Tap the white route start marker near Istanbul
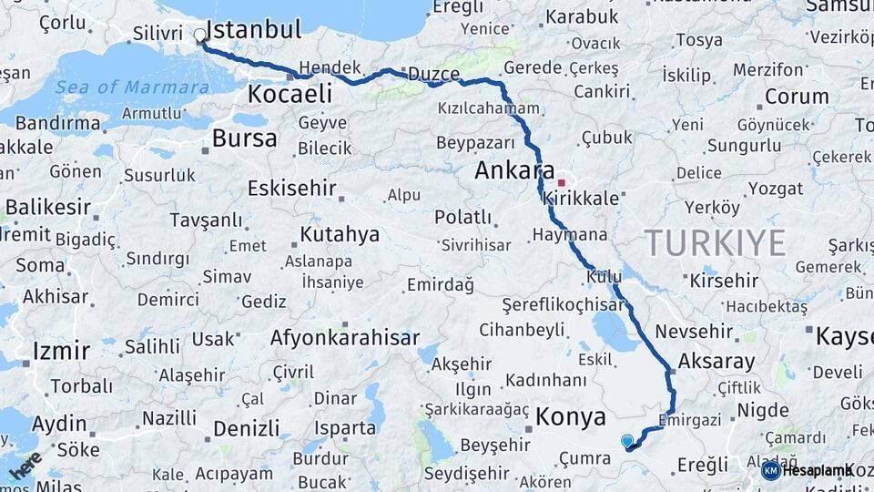click(x=200, y=36)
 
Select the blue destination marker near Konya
click(x=627, y=442)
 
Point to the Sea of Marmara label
click(x=132, y=87)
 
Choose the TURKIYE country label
click(x=715, y=242)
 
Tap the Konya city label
click(x=571, y=417)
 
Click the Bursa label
click(x=244, y=138)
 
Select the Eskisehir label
click(x=291, y=189)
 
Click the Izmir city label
click(x=61, y=352)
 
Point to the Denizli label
click(x=246, y=428)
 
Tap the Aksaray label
click(x=716, y=361)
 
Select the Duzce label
click(x=434, y=74)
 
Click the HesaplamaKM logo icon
click(x=771, y=470)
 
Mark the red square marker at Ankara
click(x=561, y=182)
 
